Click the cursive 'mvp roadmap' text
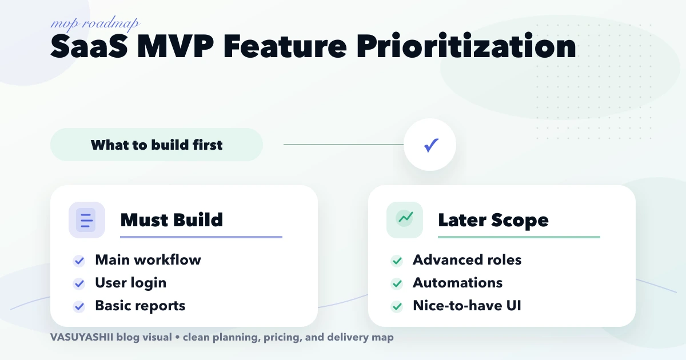click(x=95, y=24)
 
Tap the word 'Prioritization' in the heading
click(x=466, y=47)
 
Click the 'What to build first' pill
click(x=157, y=145)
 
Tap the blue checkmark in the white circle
click(x=430, y=145)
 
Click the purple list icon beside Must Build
click(x=86, y=220)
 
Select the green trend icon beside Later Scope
click(x=405, y=219)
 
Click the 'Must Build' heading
click(x=171, y=220)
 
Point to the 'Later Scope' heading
click(x=493, y=220)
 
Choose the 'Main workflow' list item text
click(x=148, y=260)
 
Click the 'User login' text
click(x=131, y=283)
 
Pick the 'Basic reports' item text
click(x=140, y=306)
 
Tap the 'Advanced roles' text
click(x=467, y=260)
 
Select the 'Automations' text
click(x=457, y=283)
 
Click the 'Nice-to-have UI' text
click(x=466, y=306)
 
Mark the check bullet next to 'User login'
click(x=79, y=283)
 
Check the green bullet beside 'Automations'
click(x=397, y=283)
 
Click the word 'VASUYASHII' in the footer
click(x=81, y=337)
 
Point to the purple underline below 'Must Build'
click(x=201, y=237)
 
